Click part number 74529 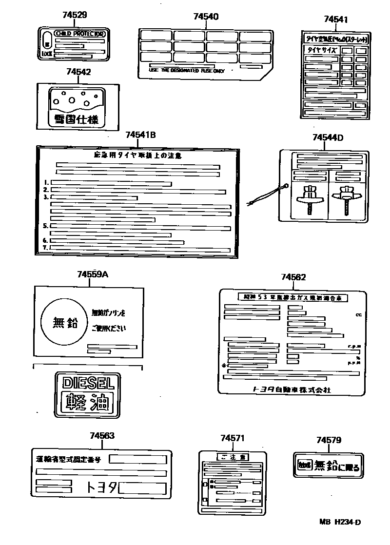click(x=75, y=15)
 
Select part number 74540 click(x=206, y=17)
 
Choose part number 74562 click(x=293, y=277)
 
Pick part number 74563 click(x=102, y=435)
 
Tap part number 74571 click(x=233, y=439)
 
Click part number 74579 click(x=329, y=440)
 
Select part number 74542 click(x=78, y=72)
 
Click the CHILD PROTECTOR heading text click(x=79, y=34)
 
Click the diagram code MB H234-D click(x=340, y=522)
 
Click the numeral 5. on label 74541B click(x=45, y=226)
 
